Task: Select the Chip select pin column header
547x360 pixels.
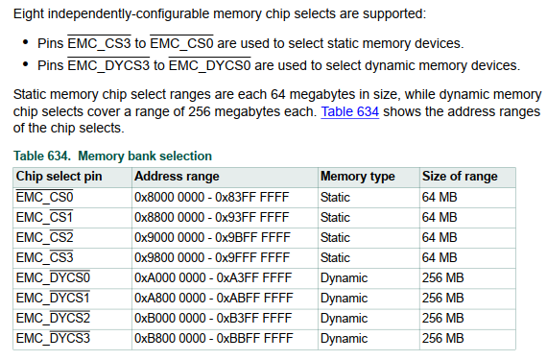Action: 59,177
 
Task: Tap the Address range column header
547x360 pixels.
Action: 177,177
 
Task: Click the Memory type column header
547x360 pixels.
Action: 357,177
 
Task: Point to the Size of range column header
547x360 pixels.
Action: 460,177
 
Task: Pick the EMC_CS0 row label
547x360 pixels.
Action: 45,197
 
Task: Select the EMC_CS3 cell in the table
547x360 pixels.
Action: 45,257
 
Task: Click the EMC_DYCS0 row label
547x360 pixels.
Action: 53,277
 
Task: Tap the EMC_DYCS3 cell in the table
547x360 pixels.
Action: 53,338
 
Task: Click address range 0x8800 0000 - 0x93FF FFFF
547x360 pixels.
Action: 211,217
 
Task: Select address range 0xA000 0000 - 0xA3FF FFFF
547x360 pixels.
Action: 211,277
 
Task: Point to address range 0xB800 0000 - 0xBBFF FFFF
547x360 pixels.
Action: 211,338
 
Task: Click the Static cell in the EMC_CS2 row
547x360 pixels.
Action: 335,237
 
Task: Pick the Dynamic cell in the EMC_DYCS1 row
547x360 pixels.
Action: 344,298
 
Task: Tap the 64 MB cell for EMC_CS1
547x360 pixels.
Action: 440,217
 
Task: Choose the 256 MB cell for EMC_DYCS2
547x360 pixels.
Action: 443,318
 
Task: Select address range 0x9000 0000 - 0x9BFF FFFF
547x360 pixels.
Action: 211,237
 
